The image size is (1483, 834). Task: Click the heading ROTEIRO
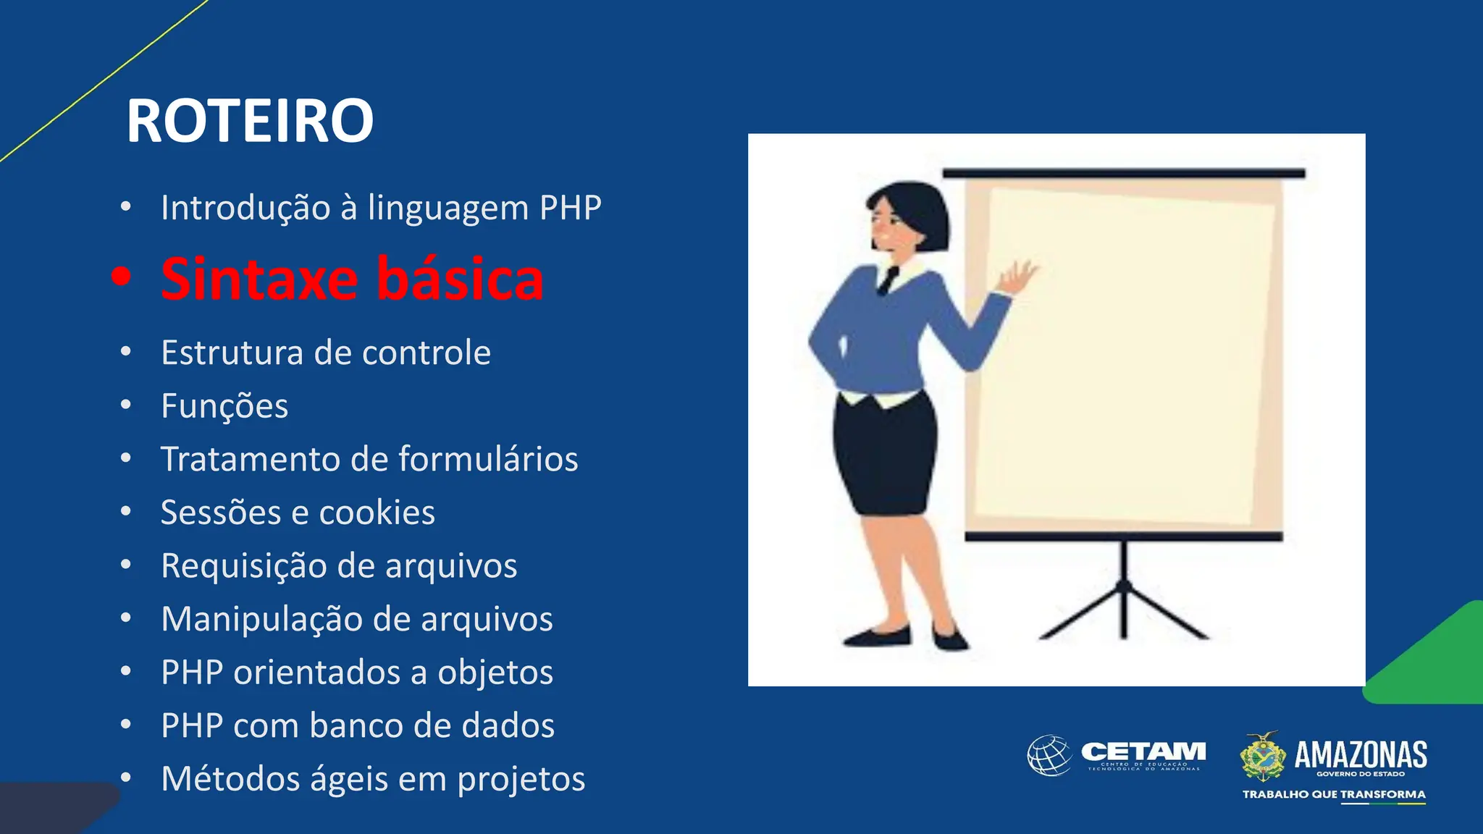[250, 121]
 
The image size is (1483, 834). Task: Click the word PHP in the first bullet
[570, 208]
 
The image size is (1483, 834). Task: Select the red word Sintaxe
[259, 279]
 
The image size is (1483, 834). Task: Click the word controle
[426, 353]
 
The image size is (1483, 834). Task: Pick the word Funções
[224, 406]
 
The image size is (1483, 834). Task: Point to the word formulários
[488, 459]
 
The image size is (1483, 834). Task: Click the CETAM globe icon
[1049, 756]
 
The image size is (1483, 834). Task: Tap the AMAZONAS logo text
[1360, 755]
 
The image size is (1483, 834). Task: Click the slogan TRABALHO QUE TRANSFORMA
[1334, 794]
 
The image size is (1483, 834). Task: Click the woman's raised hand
[1018, 278]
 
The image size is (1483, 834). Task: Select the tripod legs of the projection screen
[1124, 608]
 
